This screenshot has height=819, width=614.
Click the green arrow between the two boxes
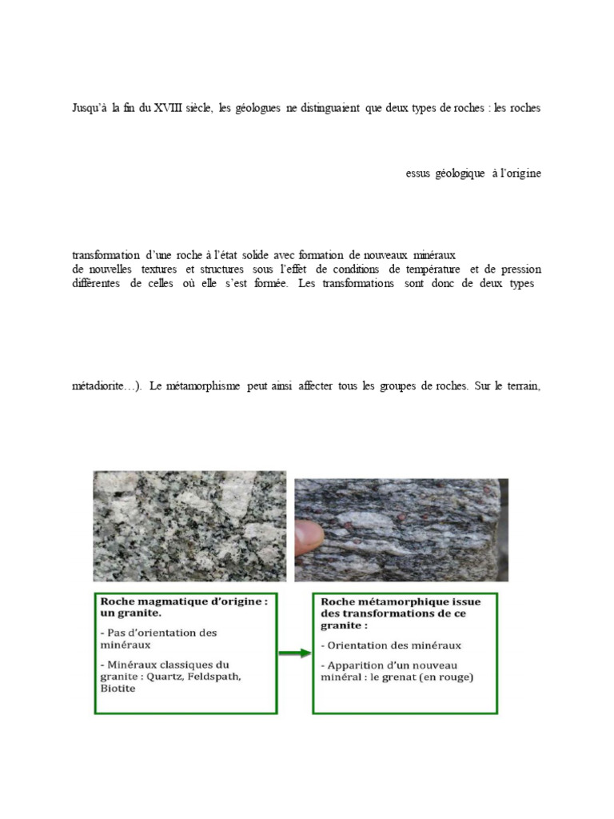click(x=294, y=653)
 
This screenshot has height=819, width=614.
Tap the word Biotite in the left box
click(x=118, y=689)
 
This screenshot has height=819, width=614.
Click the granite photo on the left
click(x=189, y=525)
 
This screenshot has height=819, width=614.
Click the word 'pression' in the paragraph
click(x=519, y=270)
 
